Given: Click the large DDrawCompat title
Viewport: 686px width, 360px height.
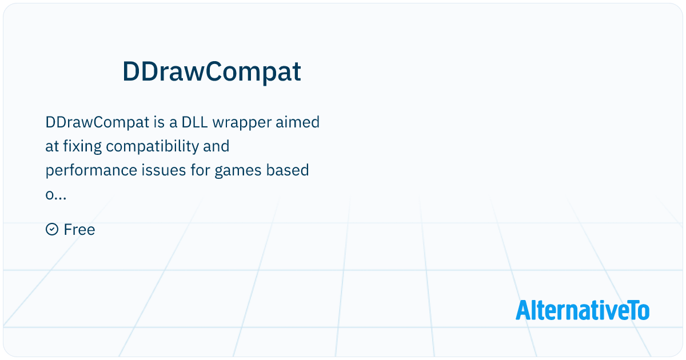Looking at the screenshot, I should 212,72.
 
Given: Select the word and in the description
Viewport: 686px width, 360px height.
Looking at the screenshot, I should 216,146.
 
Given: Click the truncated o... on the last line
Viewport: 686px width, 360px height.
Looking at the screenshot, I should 55,195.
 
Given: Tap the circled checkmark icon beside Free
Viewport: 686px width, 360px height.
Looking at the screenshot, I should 51,230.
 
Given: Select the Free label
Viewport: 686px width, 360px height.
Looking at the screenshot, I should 79,230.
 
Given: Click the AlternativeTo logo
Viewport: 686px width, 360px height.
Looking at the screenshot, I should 582,310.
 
